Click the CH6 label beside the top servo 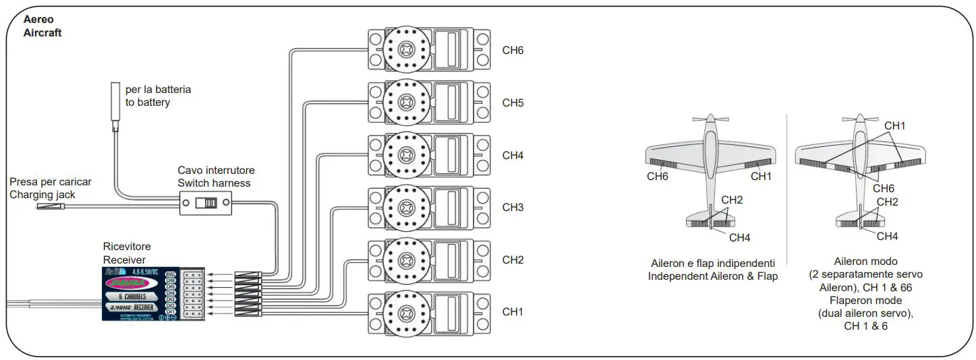[x=513, y=51]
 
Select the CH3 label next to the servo [x=513, y=208]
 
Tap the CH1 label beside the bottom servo [x=513, y=312]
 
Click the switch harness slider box [x=206, y=202]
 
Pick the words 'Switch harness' [x=214, y=183]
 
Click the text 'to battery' [x=148, y=102]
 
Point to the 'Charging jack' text [x=42, y=194]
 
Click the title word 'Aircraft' [x=42, y=32]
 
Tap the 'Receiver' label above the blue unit [x=124, y=260]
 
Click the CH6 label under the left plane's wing [x=658, y=177]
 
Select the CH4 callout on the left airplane [x=740, y=237]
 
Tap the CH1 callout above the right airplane [x=895, y=126]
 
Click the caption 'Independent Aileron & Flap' [x=713, y=276]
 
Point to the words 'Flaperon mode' [x=865, y=300]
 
